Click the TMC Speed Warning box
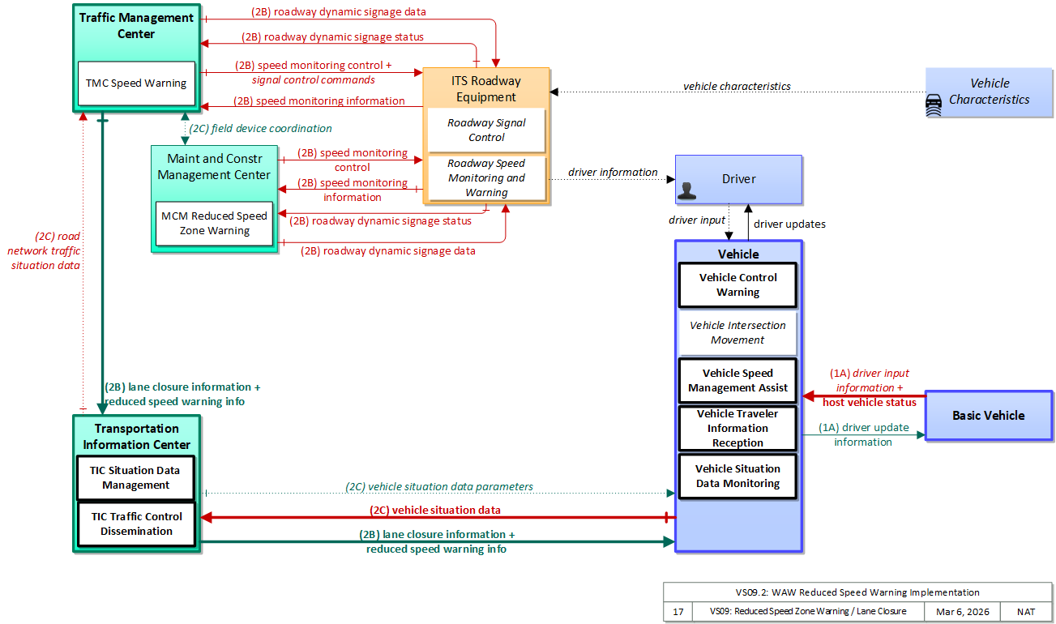tap(136, 83)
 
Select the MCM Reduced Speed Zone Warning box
tap(214, 224)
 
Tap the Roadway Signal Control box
tap(486, 130)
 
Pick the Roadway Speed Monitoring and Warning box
tap(486, 178)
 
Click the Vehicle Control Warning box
tap(737, 284)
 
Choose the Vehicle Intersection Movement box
tap(737, 333)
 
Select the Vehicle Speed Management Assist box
tap(737, 380)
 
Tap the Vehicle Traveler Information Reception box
tap(737, 428)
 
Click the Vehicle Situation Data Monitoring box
tap(737, 476)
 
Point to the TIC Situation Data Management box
tap(136, 477)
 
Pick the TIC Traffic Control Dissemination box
tap(136, 524)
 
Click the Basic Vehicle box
tap(989, 415)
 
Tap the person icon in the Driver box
tap(686, 190)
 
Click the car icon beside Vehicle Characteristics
tap(934, 105)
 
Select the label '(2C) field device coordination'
tap(260, 128)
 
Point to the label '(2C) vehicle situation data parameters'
tap(439, 486)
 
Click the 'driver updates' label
tap(789, 224)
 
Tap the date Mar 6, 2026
tap(963, 612)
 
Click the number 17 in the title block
tap(678, 612)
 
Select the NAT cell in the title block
tap(1026, 612)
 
